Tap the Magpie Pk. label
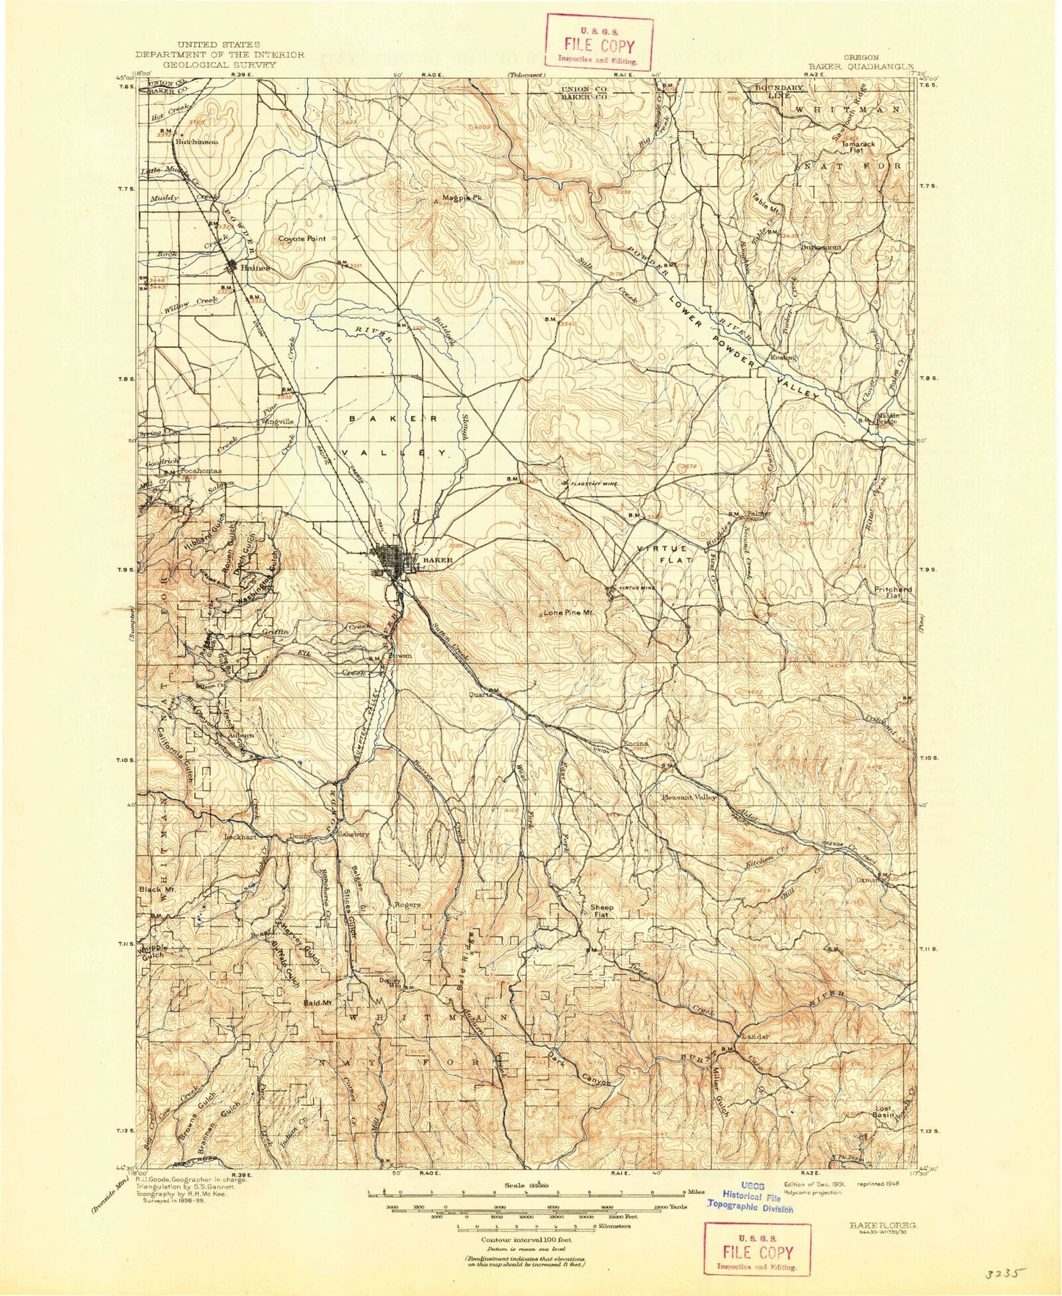(462, 198)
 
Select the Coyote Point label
(302, 239)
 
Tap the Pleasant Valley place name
(689, 797)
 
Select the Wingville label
(276, 422)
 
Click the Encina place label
(636, 744)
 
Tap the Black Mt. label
(158, 889)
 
